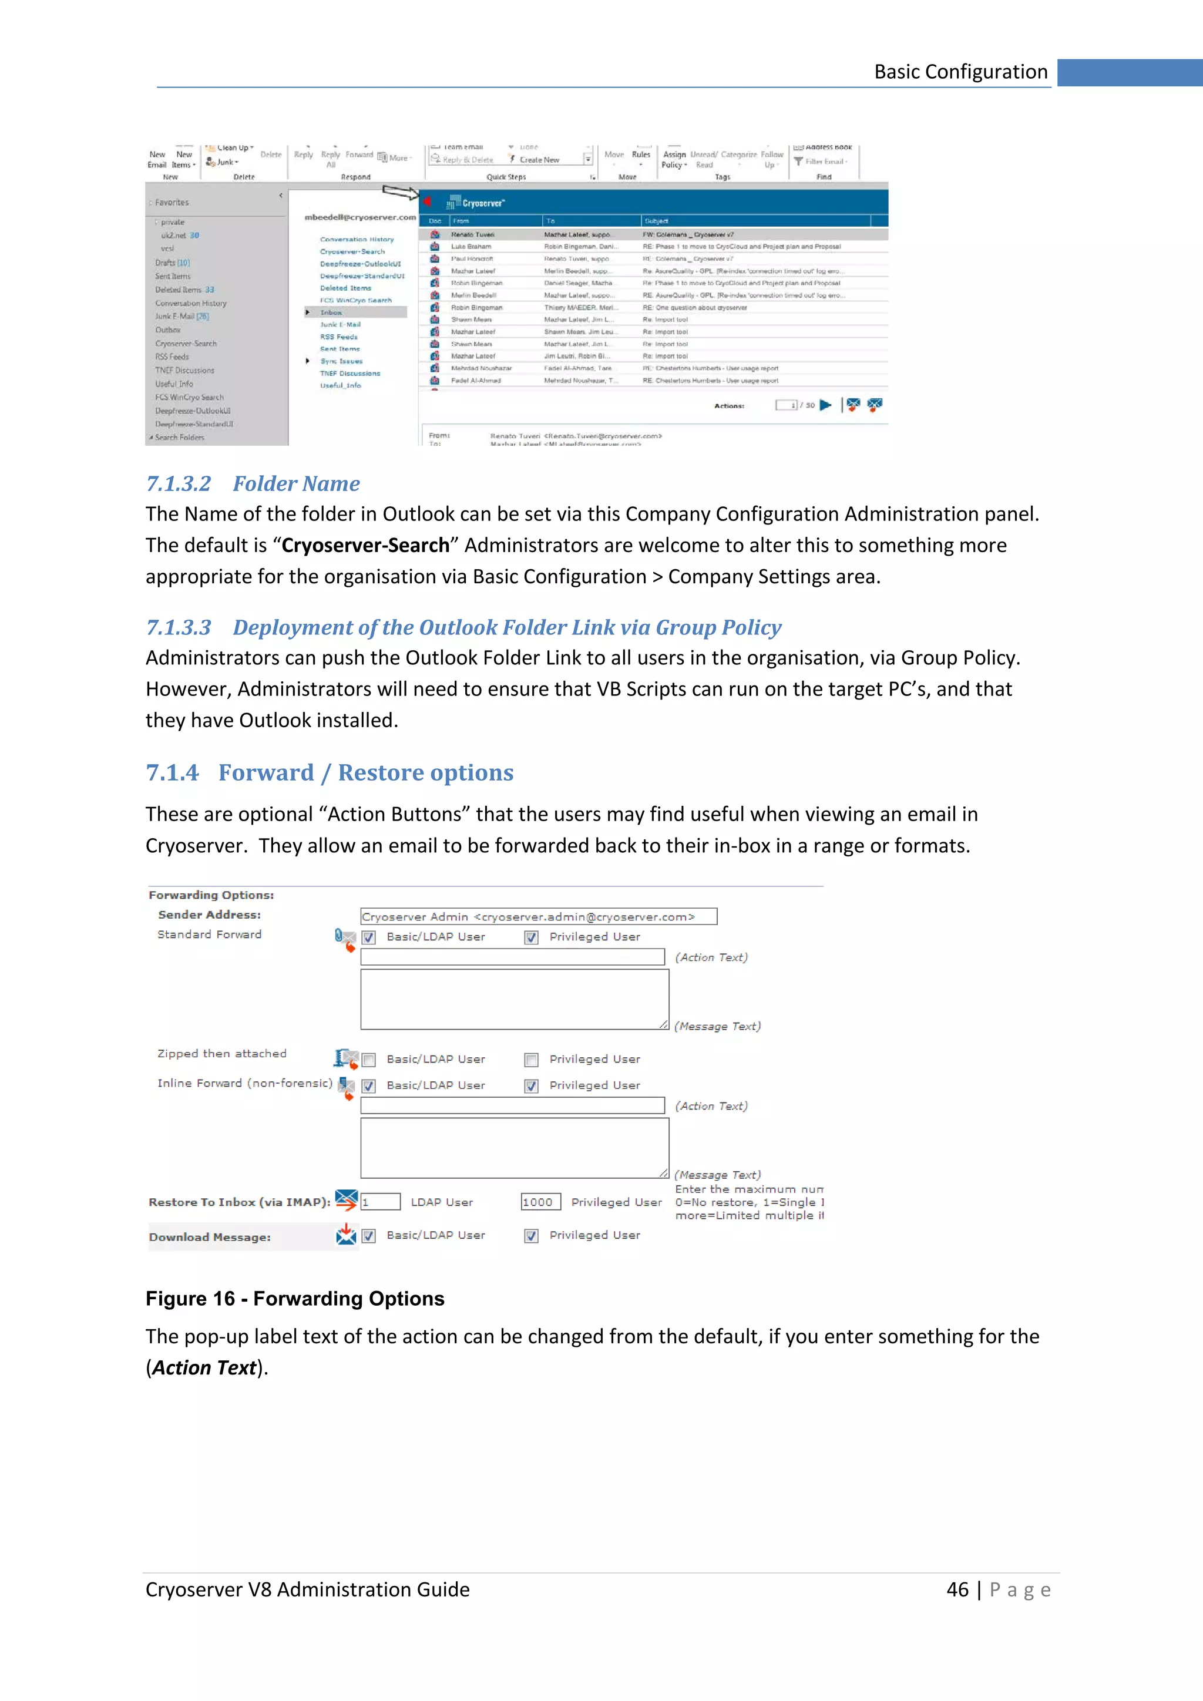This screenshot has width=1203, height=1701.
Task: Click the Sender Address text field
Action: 538,916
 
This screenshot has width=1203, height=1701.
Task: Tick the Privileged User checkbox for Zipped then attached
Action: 531,1060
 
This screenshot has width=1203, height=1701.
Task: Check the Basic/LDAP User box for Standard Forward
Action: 369,938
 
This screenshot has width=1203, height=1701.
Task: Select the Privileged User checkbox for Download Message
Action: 531,1236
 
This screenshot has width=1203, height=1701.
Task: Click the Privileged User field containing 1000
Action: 540,1202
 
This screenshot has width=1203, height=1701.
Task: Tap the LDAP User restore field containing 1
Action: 380,1202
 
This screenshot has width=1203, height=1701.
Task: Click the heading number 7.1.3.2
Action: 178,484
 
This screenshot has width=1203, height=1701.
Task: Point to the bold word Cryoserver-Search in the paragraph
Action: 365,545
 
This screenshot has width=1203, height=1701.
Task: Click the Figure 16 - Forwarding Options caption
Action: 294,1299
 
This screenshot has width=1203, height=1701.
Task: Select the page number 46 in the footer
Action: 957,1590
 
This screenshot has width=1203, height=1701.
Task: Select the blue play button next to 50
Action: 826,405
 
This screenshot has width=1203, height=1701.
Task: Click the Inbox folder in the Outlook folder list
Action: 331,312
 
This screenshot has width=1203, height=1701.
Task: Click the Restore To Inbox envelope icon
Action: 346,1200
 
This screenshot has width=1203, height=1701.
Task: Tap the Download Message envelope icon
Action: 346,1234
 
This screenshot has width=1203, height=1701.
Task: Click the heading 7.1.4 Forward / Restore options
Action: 329,773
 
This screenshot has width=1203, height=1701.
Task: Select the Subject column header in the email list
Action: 656,221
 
